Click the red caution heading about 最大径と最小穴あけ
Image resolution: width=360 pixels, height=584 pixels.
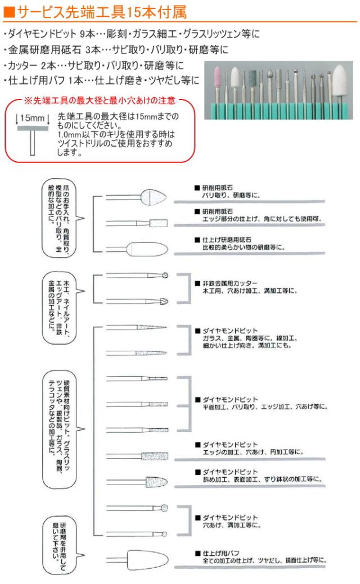tap(100, 101)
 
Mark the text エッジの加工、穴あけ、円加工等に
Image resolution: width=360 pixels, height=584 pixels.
tap(253, 451)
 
